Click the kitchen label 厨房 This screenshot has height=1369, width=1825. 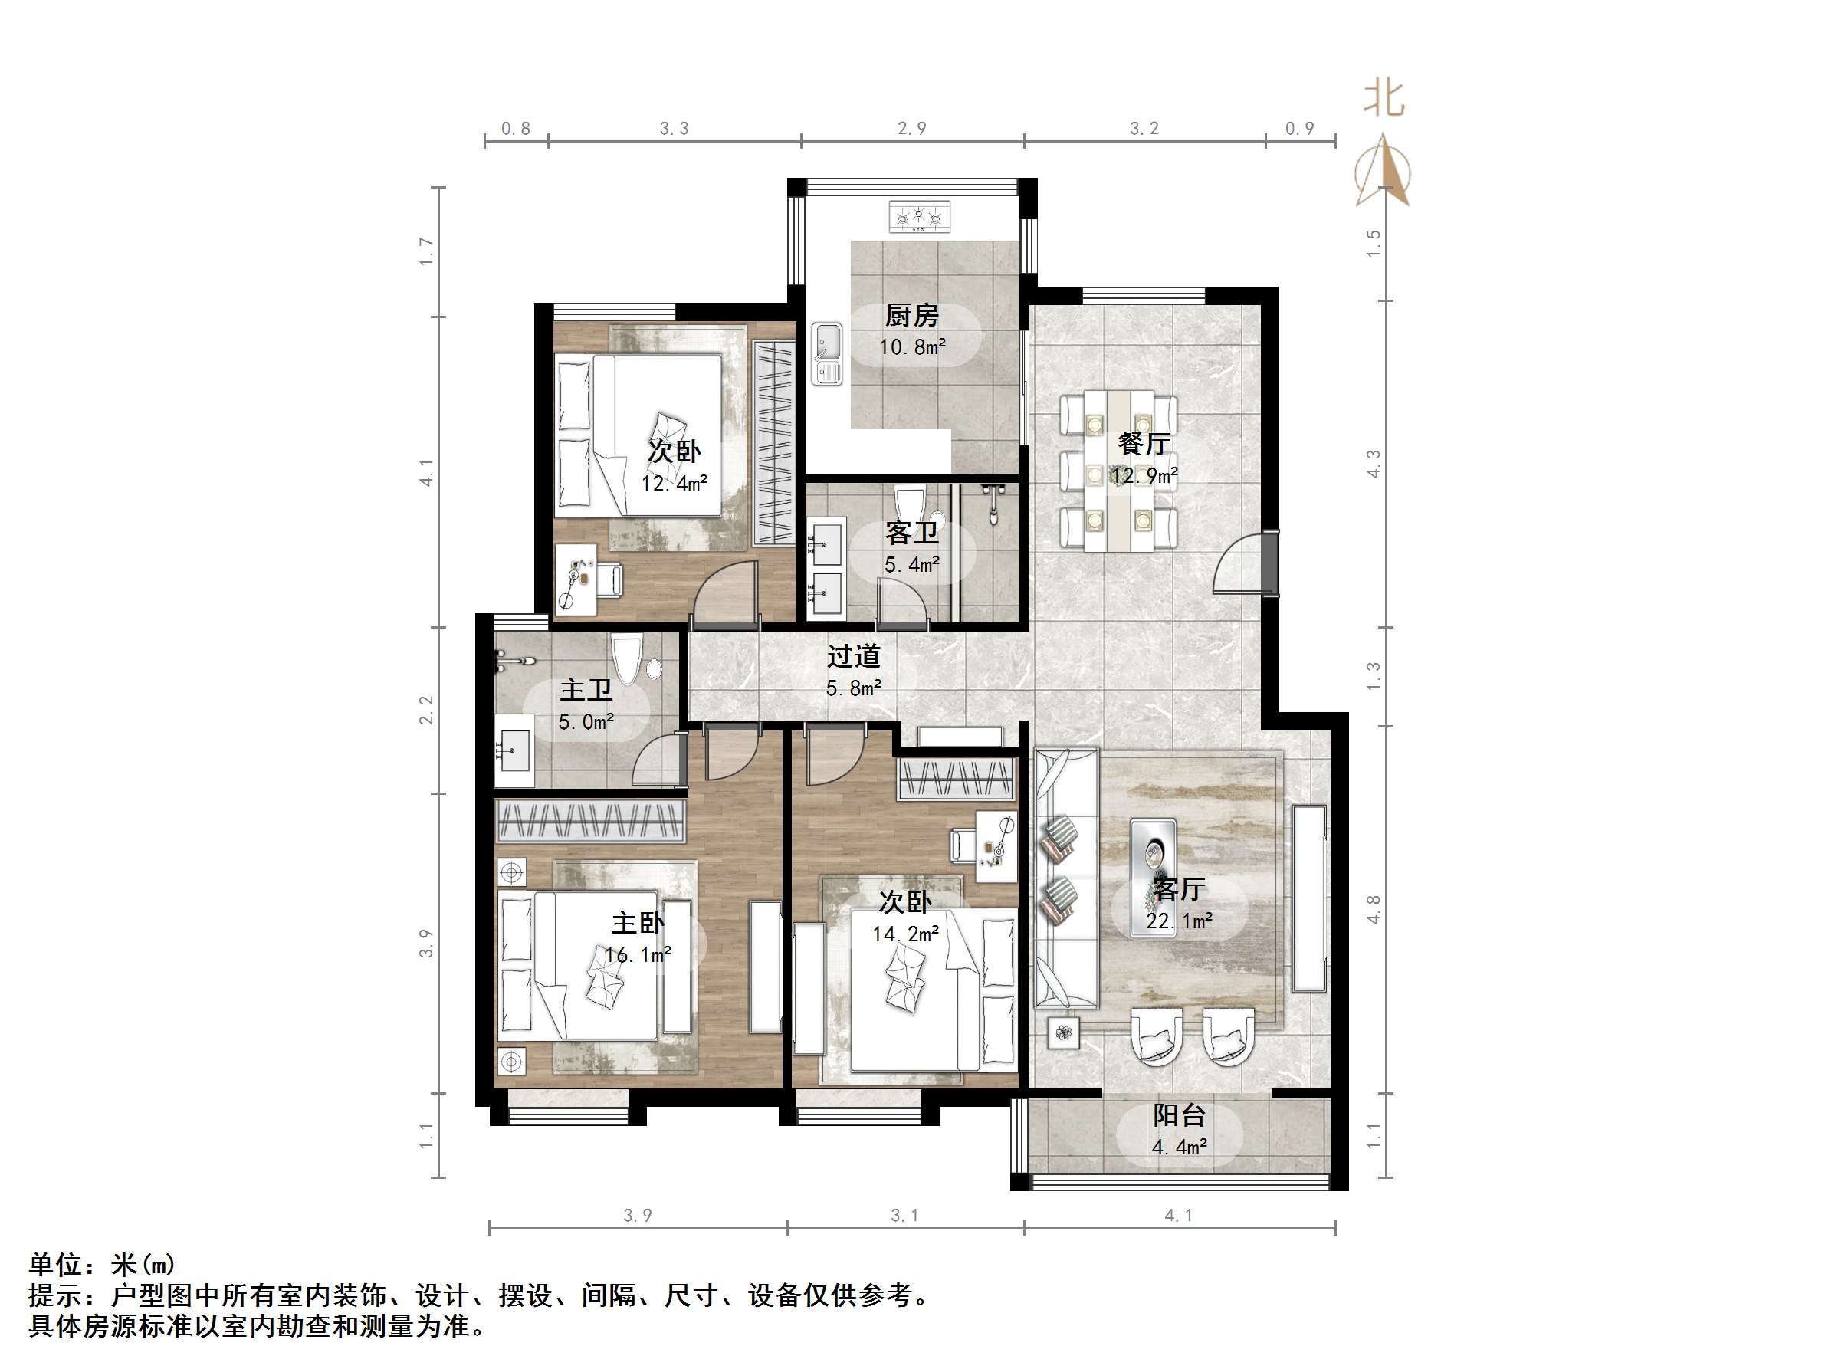[911, 315]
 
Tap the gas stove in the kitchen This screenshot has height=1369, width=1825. [919, 218]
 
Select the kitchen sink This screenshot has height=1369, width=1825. [827, 353]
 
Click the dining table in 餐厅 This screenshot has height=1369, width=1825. [1118, 471]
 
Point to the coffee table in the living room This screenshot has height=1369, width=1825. [1153, 877]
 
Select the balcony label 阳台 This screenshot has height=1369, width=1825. [1179, 1115]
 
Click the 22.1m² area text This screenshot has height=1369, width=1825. [1179, 921]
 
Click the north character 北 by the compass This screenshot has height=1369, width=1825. [1384, 99]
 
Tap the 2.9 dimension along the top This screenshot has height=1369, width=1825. [911, 129]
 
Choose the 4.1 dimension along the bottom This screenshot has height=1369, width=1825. [1178, 1216]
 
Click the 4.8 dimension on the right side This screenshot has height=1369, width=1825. [1374, 909]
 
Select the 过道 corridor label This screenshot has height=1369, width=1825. [854, 657]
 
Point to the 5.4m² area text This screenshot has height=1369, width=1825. [911, 565]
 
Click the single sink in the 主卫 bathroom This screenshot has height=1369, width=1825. [515, 750]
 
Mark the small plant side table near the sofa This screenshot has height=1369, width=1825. [1063, 1032]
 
